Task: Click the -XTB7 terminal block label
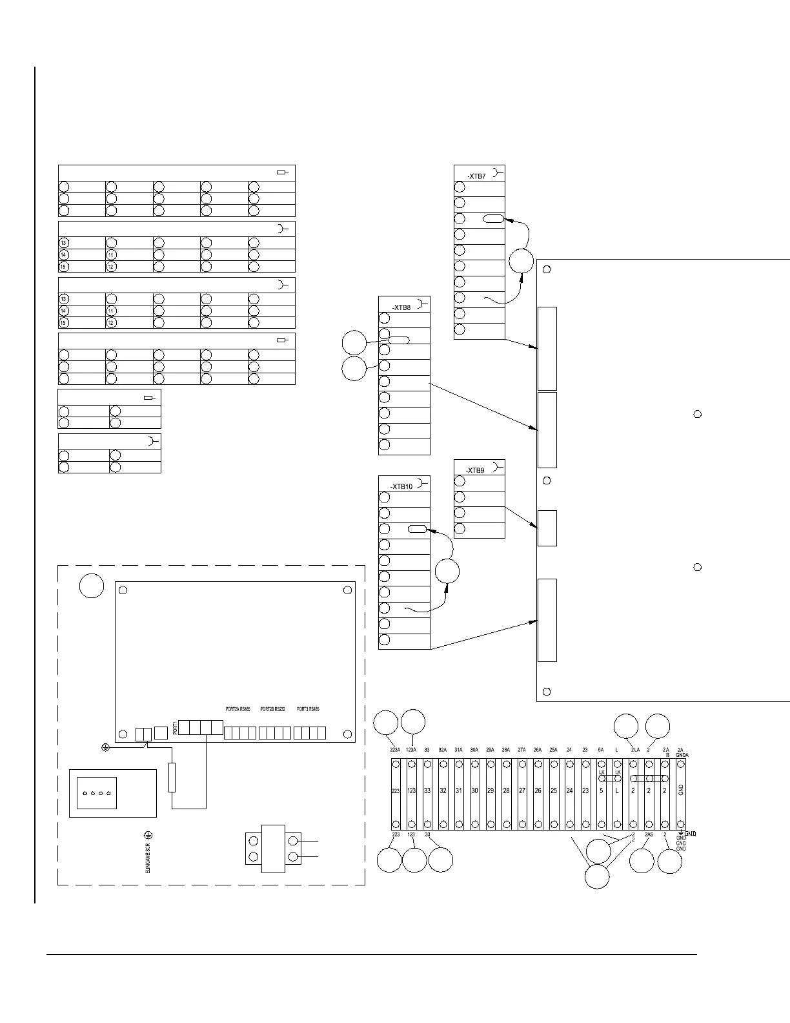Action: tap(476, 176)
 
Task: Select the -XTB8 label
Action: tap(401, 307)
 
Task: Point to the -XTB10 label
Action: tap(401, 487)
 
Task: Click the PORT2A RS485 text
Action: tap(238, 709)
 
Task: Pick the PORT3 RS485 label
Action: tap(309, 709)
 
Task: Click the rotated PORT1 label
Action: tap(174, 727)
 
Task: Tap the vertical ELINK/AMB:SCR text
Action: tap(148, 855)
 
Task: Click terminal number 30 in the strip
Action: tap(474, 790)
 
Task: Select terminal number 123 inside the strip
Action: tap(412, 790)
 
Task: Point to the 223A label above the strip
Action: tap(396, 750)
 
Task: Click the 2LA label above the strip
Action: tap(635, 750)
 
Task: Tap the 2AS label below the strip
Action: tap(649, 835)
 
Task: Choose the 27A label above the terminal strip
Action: tap(522, 750)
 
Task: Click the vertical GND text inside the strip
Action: tap(681, 789)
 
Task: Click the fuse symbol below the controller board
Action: tap(172, 778)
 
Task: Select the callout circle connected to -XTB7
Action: tap(521, 261)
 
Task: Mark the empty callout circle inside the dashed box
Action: tap(92, 586)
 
